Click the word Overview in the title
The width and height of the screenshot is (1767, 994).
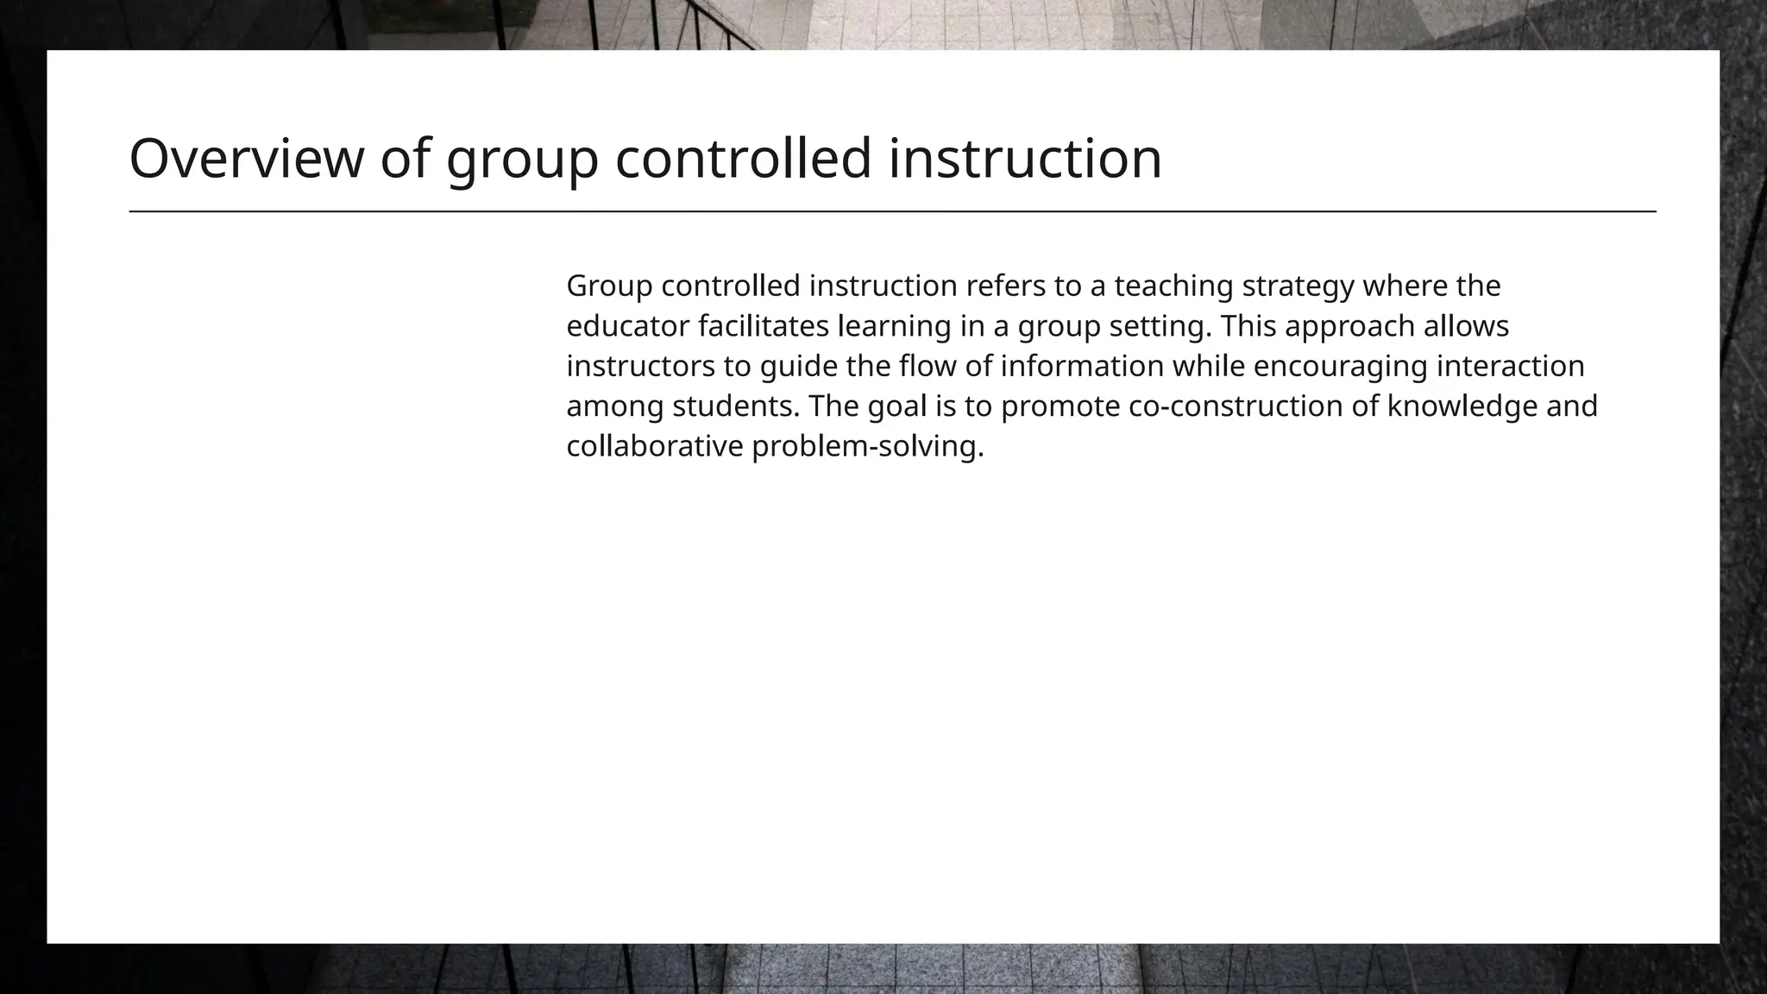[x=247, y=159]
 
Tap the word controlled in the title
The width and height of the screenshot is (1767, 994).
[x=743, y=159]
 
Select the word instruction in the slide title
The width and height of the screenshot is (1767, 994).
[x=1025, y=159]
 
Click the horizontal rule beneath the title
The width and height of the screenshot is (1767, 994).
[x=892, y=211]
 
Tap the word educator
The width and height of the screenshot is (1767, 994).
[x=627, y=326]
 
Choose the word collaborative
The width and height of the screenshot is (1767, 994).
[x=655, y=447]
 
